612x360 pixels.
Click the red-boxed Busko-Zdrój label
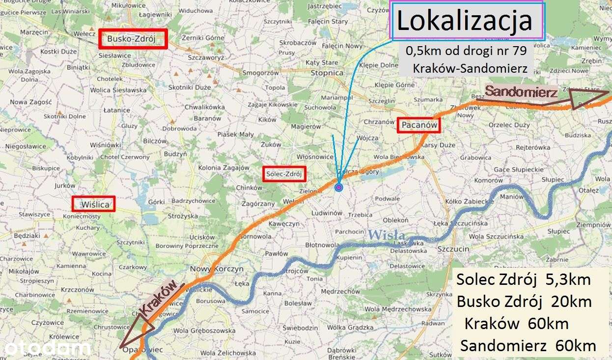(x=133, y=39)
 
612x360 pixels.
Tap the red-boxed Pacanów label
(x=418, y=125)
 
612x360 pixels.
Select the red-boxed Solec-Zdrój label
(x=284, y=174)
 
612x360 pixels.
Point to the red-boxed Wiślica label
(x=93, y=204)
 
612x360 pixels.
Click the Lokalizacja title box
(x=467, y=21)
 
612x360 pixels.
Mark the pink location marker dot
(x=338, y=187)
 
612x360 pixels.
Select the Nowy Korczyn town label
(x=217, y=269)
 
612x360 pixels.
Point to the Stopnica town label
(x=327, y=73)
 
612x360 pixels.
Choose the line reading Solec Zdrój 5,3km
(x=523, y=279)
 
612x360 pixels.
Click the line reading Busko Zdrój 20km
(x=524, y=302)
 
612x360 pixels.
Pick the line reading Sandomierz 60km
(x=528, y=346)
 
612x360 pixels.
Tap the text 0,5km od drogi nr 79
(x=466, y=51)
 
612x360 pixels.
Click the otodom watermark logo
(x=47, y=349)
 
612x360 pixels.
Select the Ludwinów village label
(x=327, y=213)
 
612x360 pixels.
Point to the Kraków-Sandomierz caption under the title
(x=470, y=68)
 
